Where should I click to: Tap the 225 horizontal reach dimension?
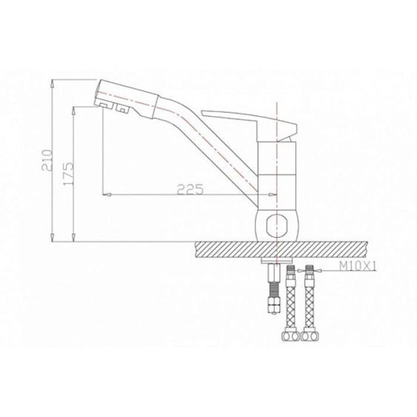190,189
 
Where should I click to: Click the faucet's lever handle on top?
250,122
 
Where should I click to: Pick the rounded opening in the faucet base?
277,226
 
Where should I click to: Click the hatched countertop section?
281,250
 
